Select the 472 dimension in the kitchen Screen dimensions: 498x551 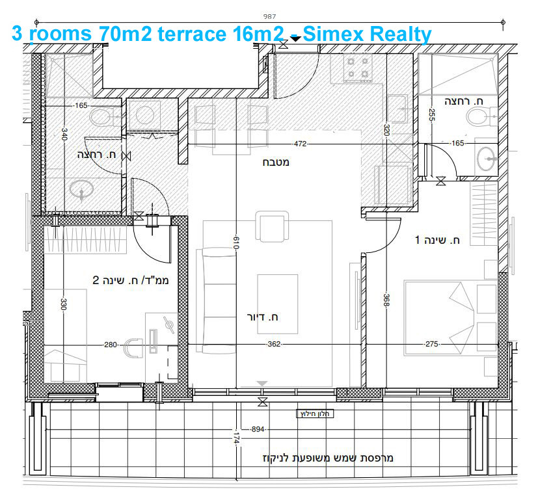tap(300, 143)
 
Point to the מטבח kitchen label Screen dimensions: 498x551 tap(276, 162)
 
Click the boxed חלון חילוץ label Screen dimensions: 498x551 tap(316, 413)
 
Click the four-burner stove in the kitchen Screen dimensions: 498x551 tap(357, 68)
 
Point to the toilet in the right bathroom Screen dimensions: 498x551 tap(478, 118)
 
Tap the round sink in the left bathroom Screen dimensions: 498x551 tap(82, 190)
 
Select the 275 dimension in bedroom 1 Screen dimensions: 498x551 tap(431, 345)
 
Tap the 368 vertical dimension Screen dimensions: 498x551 tap(386, 301)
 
